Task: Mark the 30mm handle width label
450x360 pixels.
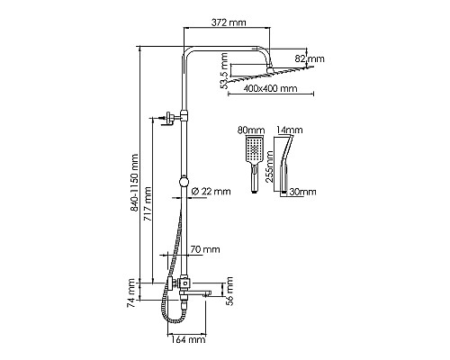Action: [304, 192]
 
